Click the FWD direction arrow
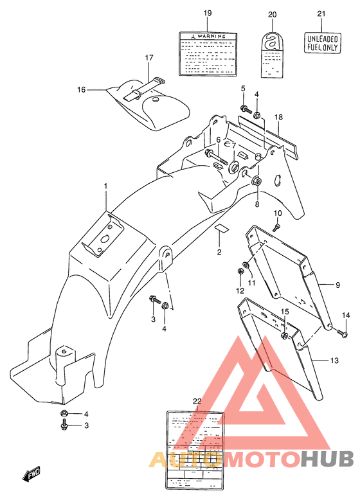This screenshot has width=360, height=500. pos(32,476)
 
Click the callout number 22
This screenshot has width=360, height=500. pos(197,401)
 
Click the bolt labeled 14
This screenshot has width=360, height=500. pos(343,333)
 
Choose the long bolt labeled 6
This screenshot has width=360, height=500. pos(213,154)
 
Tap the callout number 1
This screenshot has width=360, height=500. pos(106,186)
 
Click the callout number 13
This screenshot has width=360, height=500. pos(334,361)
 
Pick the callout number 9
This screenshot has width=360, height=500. pos(337,283)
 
